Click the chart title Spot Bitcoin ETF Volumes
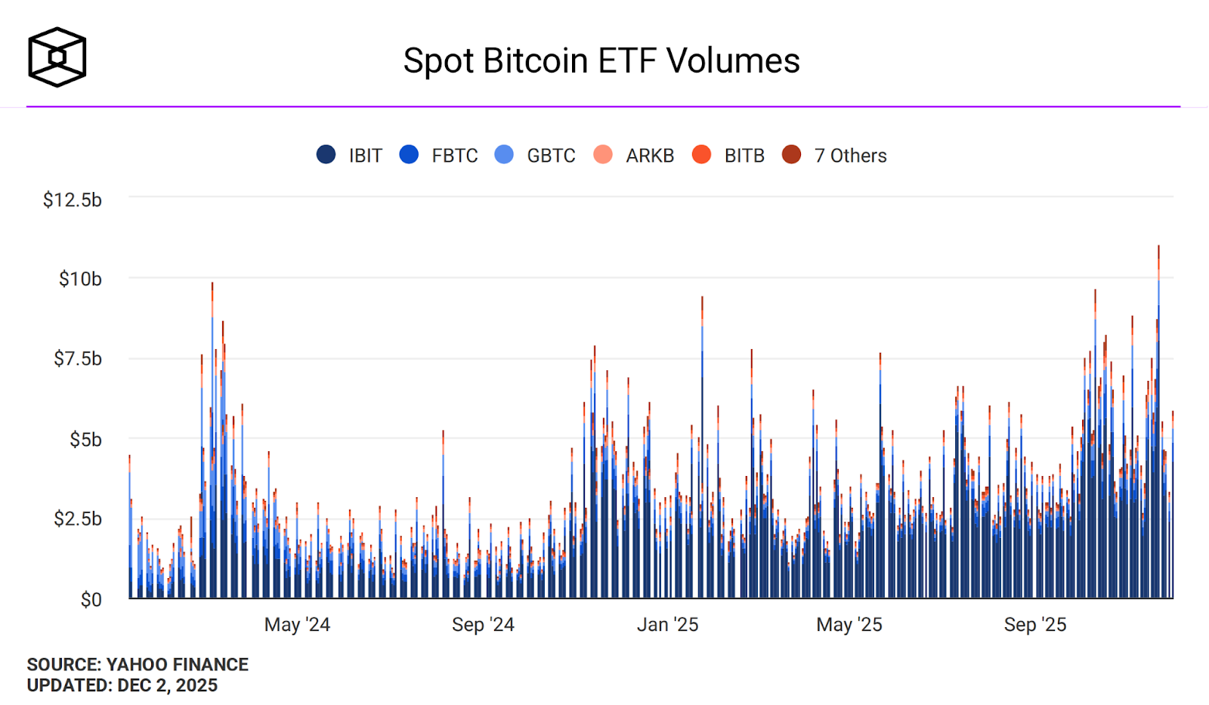[601, 60]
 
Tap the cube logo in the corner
[57, 57]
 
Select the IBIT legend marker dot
[326, 155]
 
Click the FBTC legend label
[455, 156]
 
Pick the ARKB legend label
[650, 156]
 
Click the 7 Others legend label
[850, 156]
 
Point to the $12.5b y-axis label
[73, 199]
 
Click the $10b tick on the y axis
[80, 279]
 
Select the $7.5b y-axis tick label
[78, 358]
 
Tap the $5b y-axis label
[85, 439]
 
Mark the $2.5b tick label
[78, 518]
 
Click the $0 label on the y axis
[91, 599]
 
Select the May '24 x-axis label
[297, 625]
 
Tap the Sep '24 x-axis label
[483, 625]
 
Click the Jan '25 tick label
[667, 625]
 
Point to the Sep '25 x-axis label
[1034, 625]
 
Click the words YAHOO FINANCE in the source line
[178, 664]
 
